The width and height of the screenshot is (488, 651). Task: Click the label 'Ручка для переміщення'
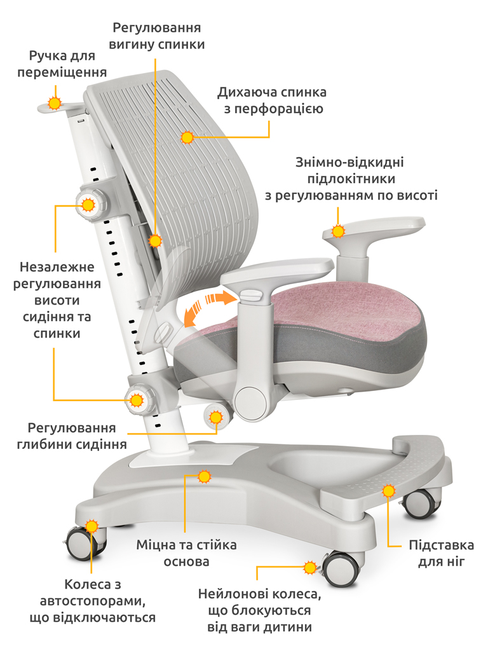pyautogui.click(x=62, y=64)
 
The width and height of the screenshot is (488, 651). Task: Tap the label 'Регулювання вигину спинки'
pyautogui.click(x=156, y=36)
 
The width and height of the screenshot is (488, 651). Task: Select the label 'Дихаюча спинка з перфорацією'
pyautogui.click(x=272, y=100)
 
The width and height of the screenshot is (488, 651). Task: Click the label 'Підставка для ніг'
pyautogui.click(x=441, y=553)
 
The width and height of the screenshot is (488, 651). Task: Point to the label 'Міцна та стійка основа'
pyautogui.click(x=186, y=553)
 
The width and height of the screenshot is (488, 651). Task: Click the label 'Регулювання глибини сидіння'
pyautogui.click(x=71, y=436)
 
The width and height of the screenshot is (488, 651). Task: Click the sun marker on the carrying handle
pyautogui.click(x=55, y=102)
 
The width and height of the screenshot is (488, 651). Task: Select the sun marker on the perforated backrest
pyautogui.click(x=187, y=137)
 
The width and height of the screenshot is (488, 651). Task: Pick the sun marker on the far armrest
pyautogui.click(x=338, y=231)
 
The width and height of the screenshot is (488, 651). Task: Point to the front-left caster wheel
pyautogui.click(x=85, y=543)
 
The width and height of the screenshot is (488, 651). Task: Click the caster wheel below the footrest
pyautogui.click(x=420, y=504)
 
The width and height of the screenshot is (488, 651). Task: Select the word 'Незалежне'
pyautogui.click(x=57, y=267)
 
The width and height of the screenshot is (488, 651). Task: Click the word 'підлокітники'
pyautogui.click(x=351, y=179)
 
